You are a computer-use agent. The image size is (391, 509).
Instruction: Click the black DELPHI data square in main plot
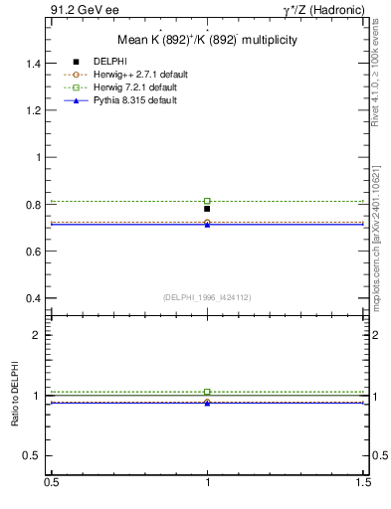pyautogui.click(x=207, y=209)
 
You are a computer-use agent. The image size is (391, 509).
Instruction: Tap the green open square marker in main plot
pyautogui.click(x=207, y=201)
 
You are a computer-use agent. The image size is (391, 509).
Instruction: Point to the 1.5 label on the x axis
pyautogui.click(x=365, y=481)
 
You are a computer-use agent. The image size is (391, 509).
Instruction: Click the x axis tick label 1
pyautogui.click(x=207, y=481)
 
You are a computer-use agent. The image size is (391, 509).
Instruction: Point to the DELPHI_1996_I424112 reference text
pyautogui.click(x=207, y=296)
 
